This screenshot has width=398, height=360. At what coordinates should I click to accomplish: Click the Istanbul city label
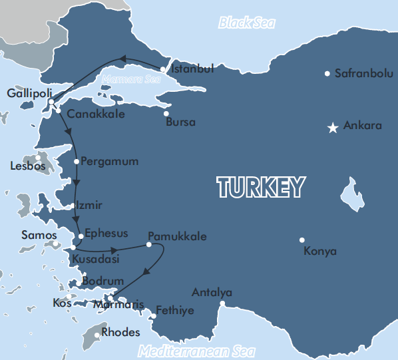coord(192,69)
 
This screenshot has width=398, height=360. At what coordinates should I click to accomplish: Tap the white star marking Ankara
coord(333,127)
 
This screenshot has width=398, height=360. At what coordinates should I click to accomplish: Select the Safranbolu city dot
coord(327,73)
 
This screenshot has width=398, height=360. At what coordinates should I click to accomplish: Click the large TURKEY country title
coord(261,188)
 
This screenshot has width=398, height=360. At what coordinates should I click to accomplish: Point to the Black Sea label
coord(247,23)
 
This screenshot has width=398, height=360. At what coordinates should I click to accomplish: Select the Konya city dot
coord(302,240)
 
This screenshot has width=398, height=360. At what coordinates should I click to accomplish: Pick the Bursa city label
coord(180,122)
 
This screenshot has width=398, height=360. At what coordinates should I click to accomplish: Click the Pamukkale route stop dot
coord(149,245)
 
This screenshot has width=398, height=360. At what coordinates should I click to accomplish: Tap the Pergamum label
coord(109,161)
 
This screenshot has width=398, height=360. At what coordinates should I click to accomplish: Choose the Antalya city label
coord(212,292)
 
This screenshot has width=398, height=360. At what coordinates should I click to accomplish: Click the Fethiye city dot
coord(153,316)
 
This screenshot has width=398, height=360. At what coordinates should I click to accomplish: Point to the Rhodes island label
coord(122,332)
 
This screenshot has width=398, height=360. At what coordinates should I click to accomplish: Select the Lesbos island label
coord(28,166)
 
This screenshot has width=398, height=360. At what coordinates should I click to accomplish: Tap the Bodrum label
coord(102,281)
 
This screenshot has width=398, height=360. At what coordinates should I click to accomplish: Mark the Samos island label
coord(39,235)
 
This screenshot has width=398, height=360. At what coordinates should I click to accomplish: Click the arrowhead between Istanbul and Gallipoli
coord(122,60)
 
